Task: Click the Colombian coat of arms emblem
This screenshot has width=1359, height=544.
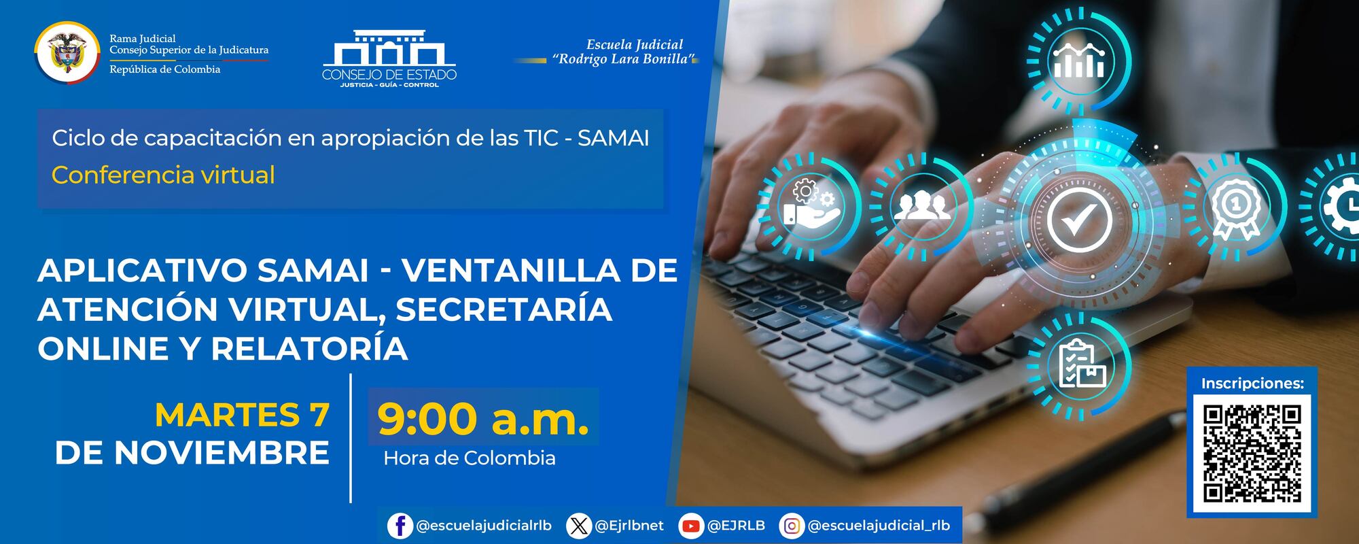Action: point(67,52)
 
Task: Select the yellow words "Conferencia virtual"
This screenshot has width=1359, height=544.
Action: point(163,175)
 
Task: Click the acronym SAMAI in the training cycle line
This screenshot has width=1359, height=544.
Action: point(613,138)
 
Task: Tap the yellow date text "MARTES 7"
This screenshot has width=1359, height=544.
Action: point(242,415)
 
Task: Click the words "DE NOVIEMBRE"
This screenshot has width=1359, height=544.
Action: point(192,453)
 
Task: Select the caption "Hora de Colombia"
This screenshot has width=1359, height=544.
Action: point(470,458)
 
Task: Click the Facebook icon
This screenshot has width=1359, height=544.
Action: point(400,526)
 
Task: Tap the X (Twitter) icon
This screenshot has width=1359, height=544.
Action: point(578,526)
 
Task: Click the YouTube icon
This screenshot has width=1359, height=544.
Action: point(691,526)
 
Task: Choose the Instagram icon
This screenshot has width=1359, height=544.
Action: point(792,526)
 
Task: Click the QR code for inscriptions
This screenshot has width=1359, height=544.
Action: point(1252,454)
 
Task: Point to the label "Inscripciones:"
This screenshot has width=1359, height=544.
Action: point(1252,384)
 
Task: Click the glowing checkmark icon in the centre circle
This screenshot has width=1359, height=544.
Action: point(1080,219)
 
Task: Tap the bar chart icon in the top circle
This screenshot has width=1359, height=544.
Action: point(1078,61)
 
